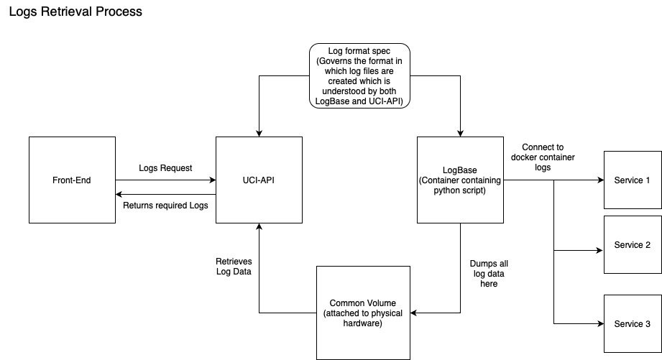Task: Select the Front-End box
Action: (73, 180)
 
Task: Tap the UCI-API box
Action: (259, 180)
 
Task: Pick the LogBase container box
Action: (460, 180)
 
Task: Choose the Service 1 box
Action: (633, 180)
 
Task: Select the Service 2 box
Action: (633, 245)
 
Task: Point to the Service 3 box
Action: (633, 324)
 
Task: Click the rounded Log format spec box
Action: (359, 75)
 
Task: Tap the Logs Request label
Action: (165, 168)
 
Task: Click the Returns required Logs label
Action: (165, 206)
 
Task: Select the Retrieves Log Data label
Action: (234, 267)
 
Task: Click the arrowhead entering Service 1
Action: (599, 180)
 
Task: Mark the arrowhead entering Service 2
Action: (599, 251)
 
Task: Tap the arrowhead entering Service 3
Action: (599, 323)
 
